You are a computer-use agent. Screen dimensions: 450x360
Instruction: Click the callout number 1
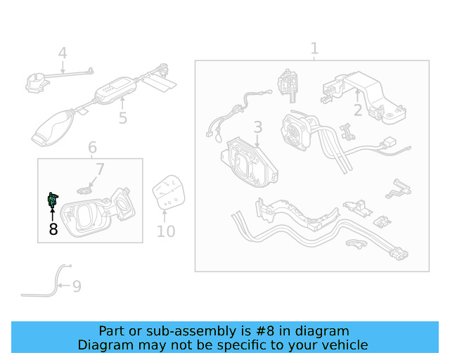click(x=314, y=49)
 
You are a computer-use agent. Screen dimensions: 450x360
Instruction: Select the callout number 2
click(x=358, y=110)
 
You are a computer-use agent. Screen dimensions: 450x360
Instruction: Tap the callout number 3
click(x=258, y=127)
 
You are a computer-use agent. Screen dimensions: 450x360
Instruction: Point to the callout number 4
click(x=63, y=53)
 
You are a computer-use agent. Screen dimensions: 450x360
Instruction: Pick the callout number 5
click(x=123, y=118)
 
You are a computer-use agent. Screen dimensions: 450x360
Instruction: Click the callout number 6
click(x=92, y=148)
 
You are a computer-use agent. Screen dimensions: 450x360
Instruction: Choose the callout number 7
click(x=100, y=169)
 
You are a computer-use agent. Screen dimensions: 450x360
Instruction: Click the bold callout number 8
click(x=53, y=229)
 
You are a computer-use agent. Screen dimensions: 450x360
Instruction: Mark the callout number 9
click(x=77, y=286)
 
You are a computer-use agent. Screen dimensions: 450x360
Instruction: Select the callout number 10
click(x=166, y=231)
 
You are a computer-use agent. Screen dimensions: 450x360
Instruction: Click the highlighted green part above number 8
click(x=53, y=200)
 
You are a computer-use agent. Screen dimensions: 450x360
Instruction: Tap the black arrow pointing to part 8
click(x=52, y=214)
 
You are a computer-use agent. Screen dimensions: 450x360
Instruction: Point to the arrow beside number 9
click(x=64, y=285)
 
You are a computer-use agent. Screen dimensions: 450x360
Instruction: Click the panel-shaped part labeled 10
click(x=169, y=192)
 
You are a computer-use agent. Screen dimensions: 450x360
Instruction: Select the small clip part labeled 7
click(x=85, y=190)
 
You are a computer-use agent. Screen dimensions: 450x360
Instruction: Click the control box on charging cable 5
click(x=115, y=89)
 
